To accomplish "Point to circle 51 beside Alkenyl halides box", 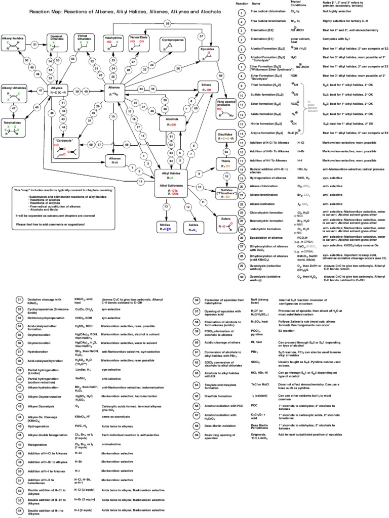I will pos(35,45).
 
